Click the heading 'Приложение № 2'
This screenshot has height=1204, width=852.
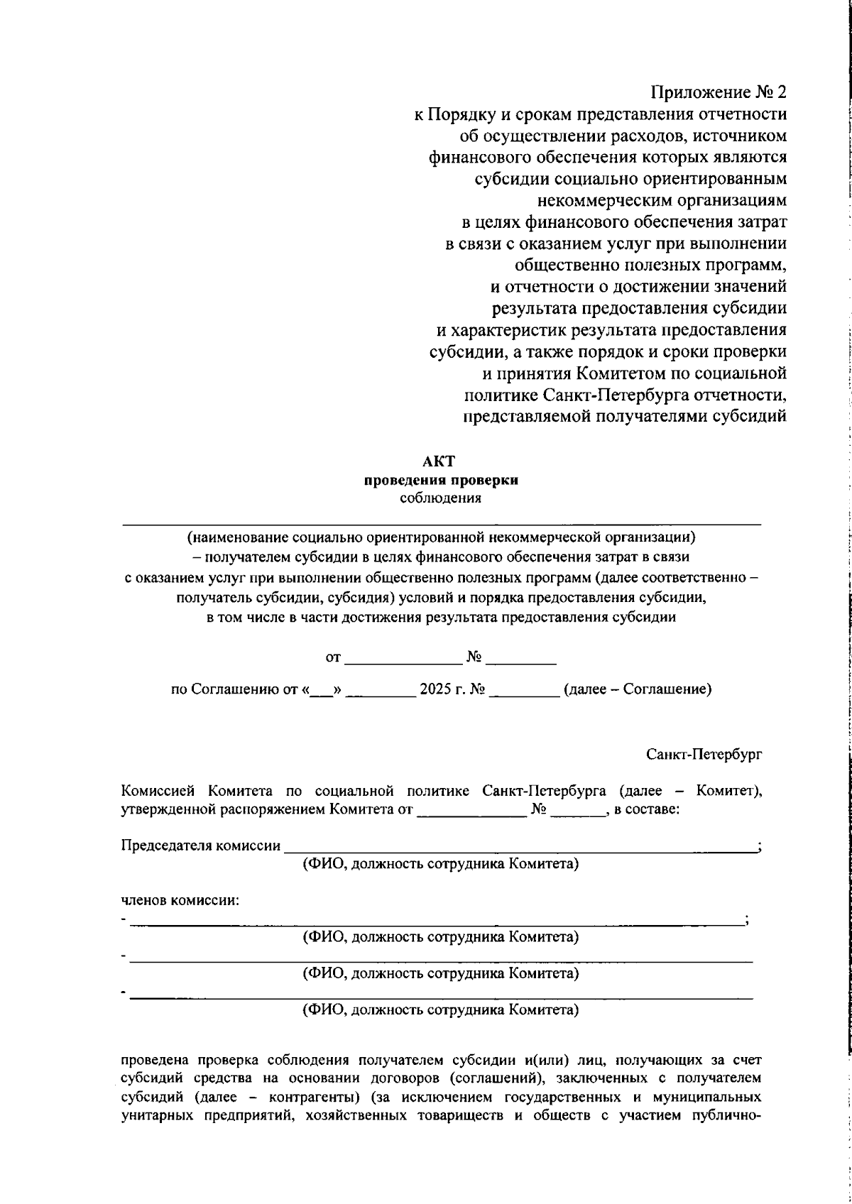tap(719, 92)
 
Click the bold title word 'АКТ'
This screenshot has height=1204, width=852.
tap(440, 461)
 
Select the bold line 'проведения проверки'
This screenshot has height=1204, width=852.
tap(440, 480)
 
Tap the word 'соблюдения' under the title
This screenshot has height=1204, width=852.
tap(440, 498)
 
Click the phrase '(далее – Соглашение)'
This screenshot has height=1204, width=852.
tap(637, 689)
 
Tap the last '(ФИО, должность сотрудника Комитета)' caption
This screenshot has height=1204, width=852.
tap(440, 1009)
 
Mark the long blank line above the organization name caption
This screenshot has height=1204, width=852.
tap(440, 524)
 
